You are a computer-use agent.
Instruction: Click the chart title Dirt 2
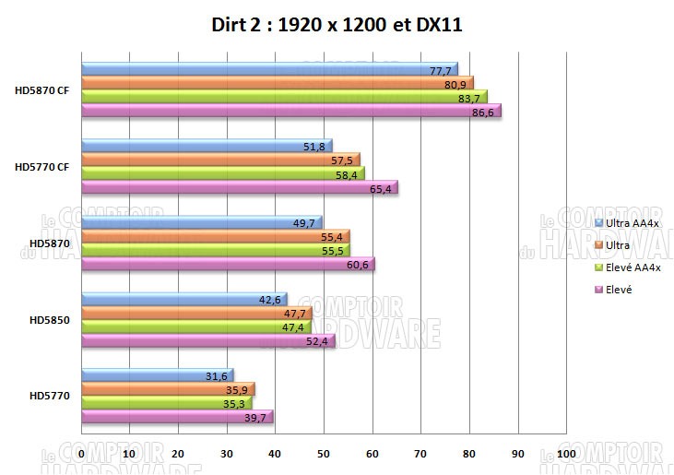coord(337,26)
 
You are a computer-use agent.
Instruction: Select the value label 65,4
coord(378,188)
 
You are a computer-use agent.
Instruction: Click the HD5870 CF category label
coord(42,90)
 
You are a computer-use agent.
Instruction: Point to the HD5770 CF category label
coord(42,167)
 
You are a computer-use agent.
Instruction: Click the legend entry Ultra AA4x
coord(633,223)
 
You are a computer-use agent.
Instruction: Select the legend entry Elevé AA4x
coord(633,267)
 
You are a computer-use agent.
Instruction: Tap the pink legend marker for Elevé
coord(600,290)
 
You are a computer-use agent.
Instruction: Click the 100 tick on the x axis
coord(566,454)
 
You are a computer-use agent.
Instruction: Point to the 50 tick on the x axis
coord(324,454)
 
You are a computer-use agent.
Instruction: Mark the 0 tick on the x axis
coord(82,454)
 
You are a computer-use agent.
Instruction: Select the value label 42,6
coord(268,298)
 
